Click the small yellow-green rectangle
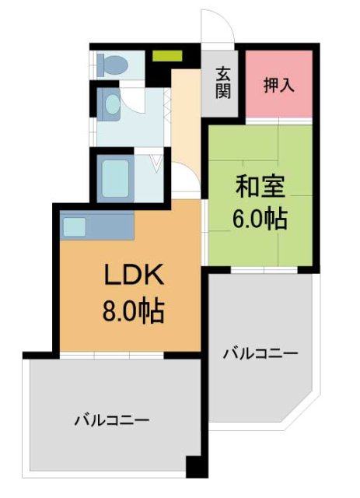(x=166, y=57)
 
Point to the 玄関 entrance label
(x=223, y=82)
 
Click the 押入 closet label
(x=280, y=84)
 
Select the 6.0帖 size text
(x=260, y=219)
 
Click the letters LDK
(x=132, y=278)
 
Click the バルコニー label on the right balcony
(x=260, y=355)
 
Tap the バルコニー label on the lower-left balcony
(x=111, y=420)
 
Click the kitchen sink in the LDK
(x=75, y=226)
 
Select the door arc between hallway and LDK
(x=187, y=190)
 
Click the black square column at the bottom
(x=198, y=468)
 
